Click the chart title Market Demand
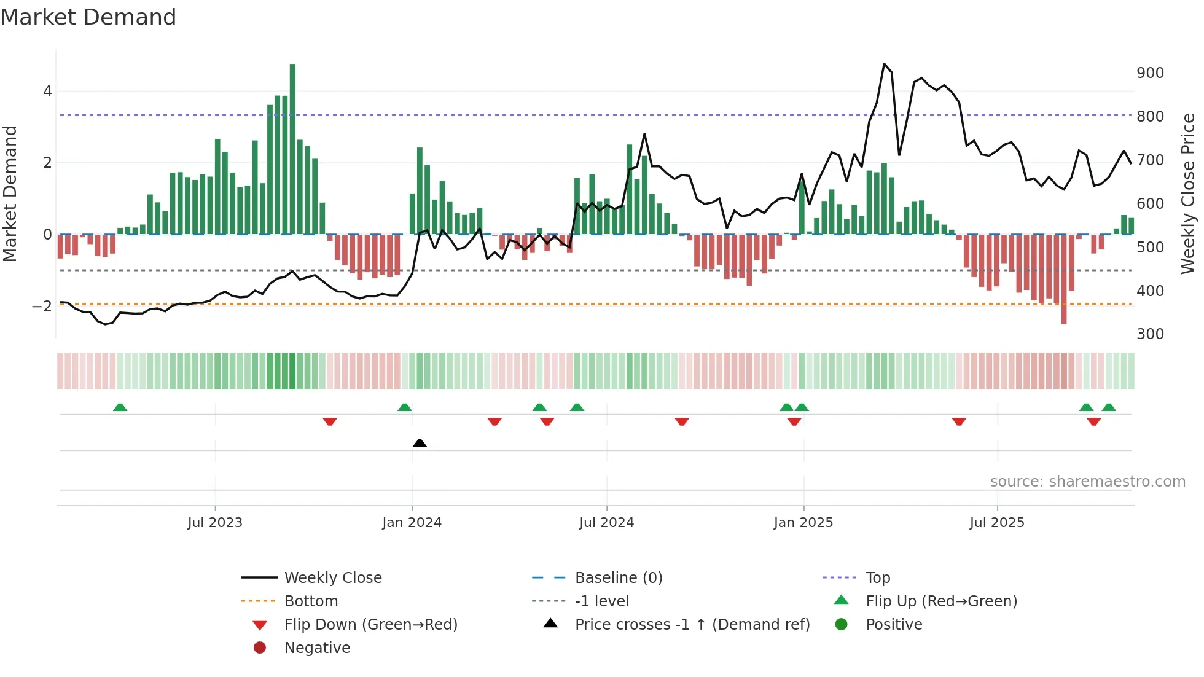pos(88,17)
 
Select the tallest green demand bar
pos(292,149)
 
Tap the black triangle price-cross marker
pos(420,443)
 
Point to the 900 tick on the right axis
pos(1150,73)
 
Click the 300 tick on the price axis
pos(1150,334)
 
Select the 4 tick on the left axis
pos(47,92)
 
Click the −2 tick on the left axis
pos(43,306)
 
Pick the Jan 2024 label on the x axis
pos(412,523)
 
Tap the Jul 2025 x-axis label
pos(997,523)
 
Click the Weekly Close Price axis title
pos(1188,194)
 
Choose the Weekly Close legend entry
pos(332,578)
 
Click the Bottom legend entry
pos(311,601)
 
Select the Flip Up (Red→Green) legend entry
pos(941,601)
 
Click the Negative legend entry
pos(317,648)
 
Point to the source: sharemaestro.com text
pos(1087,482)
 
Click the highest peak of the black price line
pos(884,64)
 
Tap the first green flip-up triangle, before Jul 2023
pos(120,407)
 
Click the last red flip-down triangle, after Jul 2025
pos(1093,421)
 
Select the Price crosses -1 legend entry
pos(692,625)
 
